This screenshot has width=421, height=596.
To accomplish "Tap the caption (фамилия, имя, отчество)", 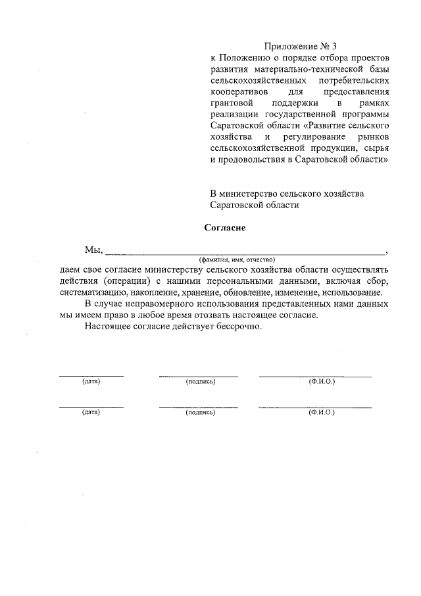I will pos(236,259).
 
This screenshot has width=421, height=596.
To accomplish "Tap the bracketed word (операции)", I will pos(126,281).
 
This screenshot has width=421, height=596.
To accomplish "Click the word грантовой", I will pos(232,103).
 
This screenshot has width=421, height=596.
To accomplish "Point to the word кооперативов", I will pos(239,92).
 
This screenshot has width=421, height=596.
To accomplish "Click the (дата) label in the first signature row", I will pos(91,381).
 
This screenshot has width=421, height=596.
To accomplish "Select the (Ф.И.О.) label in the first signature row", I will pos(322,381).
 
